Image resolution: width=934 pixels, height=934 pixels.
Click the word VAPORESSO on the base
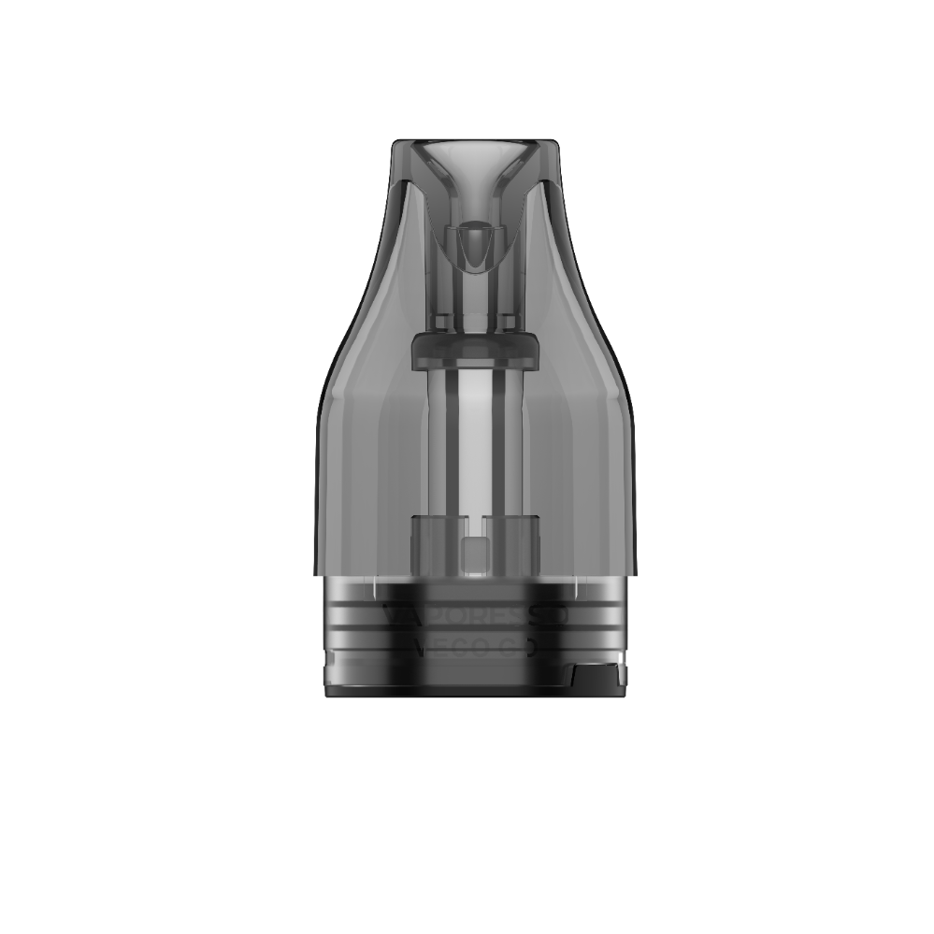[476, 616]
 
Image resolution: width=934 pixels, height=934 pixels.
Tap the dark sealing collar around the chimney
[476, 350]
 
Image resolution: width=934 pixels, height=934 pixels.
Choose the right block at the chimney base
[515, 542]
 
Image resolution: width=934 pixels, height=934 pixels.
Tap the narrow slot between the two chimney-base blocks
[476, 524]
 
